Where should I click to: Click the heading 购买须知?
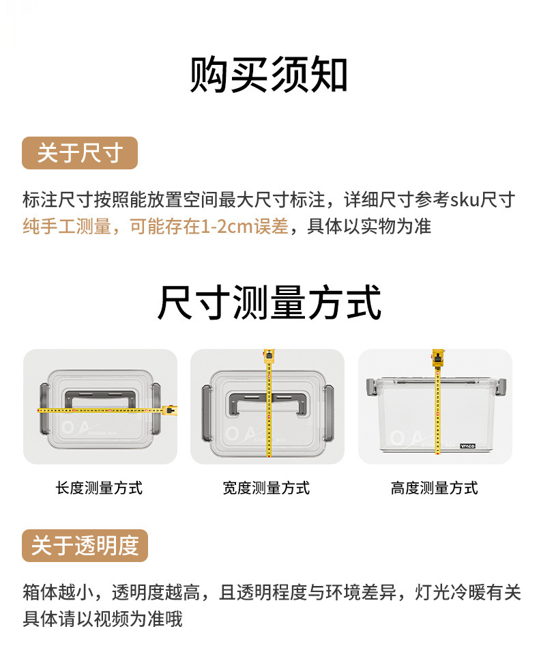(x=269, y=75)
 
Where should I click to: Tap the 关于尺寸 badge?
(x=80, y=153)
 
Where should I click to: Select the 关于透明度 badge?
(x=85, y=546)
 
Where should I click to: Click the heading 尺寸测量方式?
(x=269, y=303)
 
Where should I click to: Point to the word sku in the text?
(x=465, y=200)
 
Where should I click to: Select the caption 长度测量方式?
(x=99, y=488)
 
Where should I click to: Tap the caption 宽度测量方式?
(x=266, y=488)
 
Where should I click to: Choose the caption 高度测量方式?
(x=434, y=488)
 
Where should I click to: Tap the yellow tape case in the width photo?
(x=268, y=356)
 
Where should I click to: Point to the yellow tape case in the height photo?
(x=437, y=357)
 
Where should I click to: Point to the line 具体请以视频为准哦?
(x=102, y=619)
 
